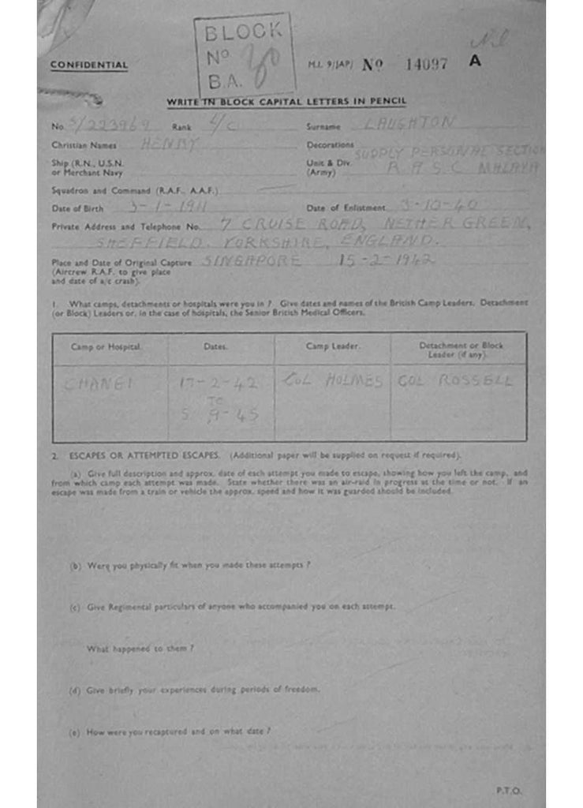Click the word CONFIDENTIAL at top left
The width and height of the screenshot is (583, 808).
coord(88,65)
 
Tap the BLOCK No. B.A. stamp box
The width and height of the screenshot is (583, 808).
coord(245,54)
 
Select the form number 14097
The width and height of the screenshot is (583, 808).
coord(426,64)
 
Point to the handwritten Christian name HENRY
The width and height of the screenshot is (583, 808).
coord(170,144)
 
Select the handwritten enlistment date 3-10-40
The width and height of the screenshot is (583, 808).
coord(439,206)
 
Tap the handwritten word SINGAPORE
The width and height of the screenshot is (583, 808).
coord(252,260)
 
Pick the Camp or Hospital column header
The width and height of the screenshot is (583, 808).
coord(110,346)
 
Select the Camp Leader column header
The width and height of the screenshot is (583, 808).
coord(332,346)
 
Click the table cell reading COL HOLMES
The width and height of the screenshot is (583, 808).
coord(331,381)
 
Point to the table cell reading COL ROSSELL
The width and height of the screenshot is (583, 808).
coord(454,381)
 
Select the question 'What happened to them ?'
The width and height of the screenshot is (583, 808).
coord(140,648)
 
